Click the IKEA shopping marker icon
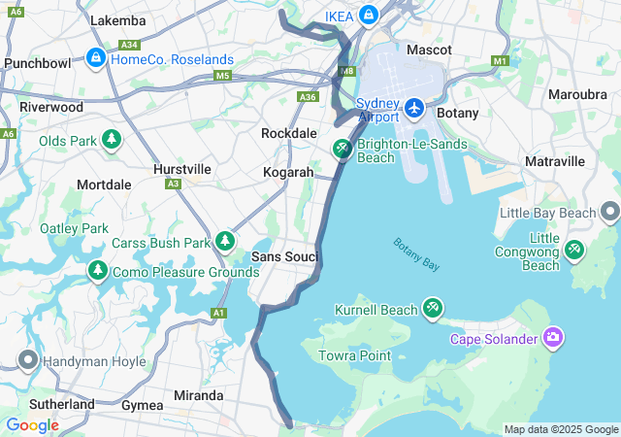tap(369, 16)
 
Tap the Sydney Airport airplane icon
tap(414, 107)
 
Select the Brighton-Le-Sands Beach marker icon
tap(342, 149)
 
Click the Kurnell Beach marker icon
tap(432, 308)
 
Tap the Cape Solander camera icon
tap(553, 337)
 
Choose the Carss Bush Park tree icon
tap(226, 240)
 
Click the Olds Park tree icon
tap(113, 140)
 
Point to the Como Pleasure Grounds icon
tap(97, 269)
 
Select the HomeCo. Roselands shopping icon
tap(95, 59)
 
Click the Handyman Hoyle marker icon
tap(27, 361)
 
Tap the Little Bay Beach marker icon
tap(609, 211)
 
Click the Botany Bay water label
tap(416, 253)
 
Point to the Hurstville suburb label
tap(182, 169)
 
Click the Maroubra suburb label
tap(577, 95)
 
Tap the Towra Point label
tap(355, 356)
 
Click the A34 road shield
tap(128, 45)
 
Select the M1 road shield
tap(501, 61)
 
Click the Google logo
tap(32, 425)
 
